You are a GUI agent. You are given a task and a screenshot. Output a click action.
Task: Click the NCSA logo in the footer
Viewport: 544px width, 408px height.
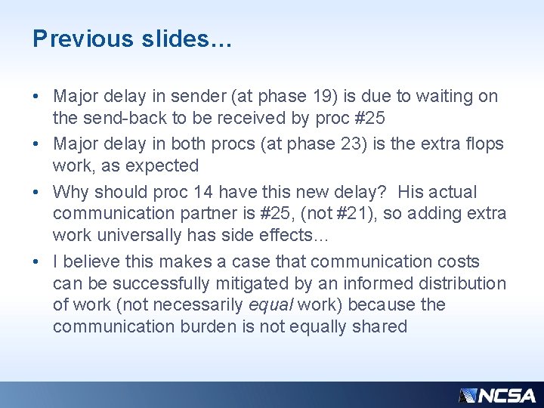tap(497, 395)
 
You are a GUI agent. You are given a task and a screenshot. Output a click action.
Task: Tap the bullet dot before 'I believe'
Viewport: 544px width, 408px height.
tap(37, 262)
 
